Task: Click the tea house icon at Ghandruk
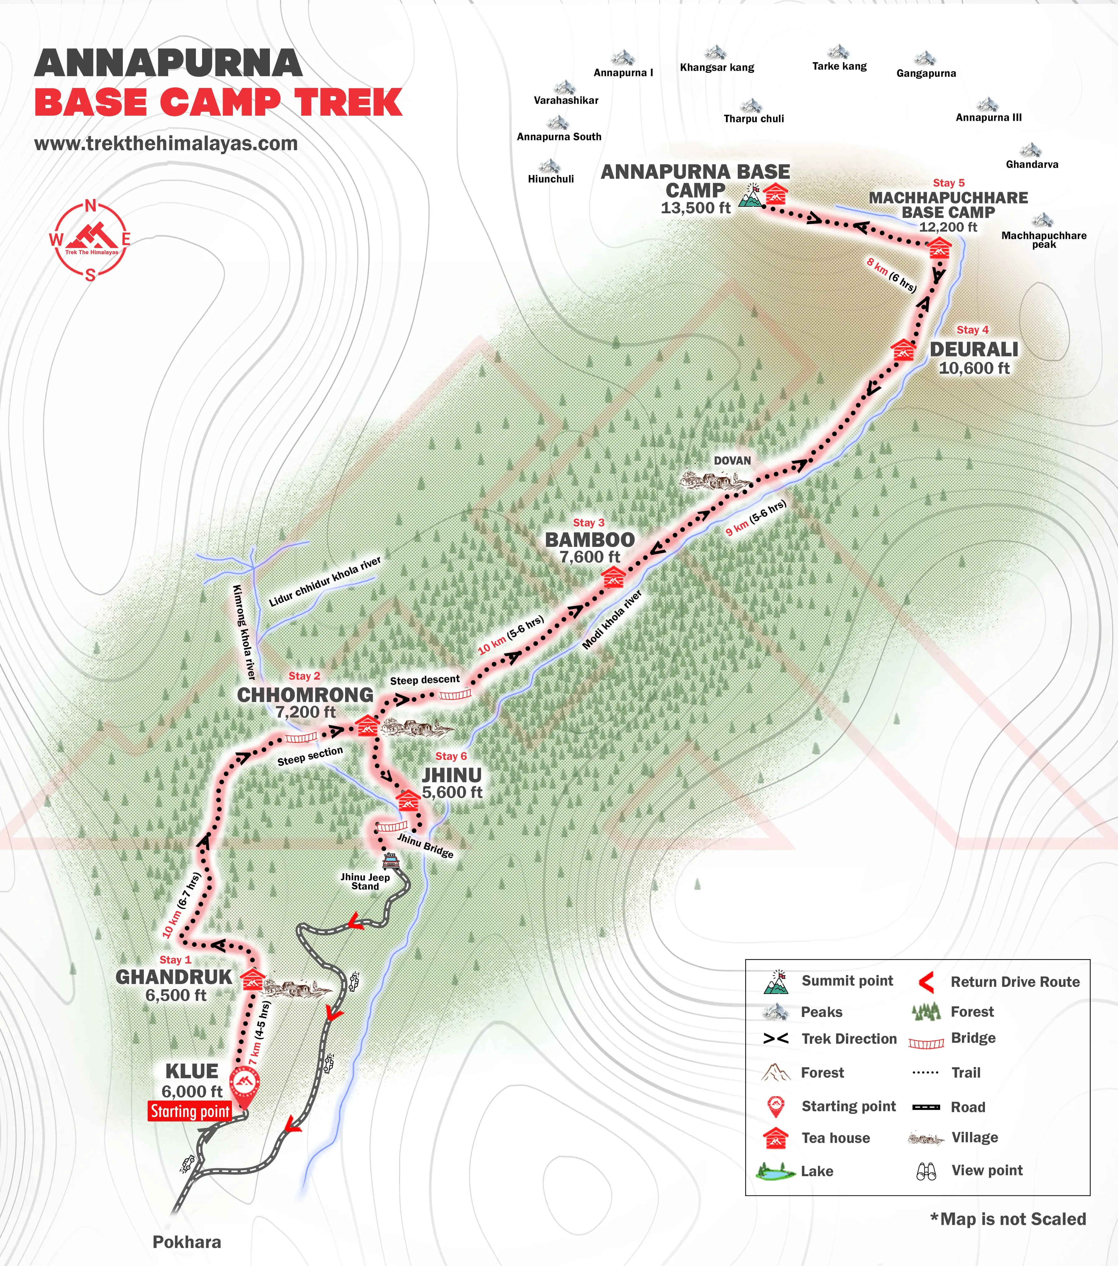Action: [252, 981]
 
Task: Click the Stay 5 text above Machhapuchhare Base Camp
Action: [948, 183]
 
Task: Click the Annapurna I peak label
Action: [623, 72]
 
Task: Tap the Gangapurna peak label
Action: [926, 73]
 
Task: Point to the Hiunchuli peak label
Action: [551, 179]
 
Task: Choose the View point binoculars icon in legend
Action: [926, 1171]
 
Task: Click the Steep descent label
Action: [425, 679]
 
